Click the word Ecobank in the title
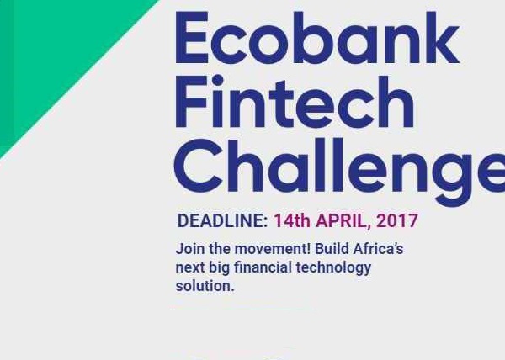coord(317,37)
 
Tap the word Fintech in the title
coord(295,102)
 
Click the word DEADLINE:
coord(222,220)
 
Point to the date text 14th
coord(292,220)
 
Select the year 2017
coord(396,220)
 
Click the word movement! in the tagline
coord(272,249)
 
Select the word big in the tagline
coord(219,268)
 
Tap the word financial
coord(263,267)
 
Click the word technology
coord(333,268)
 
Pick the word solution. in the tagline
coord(205,286)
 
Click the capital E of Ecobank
coord(192,37)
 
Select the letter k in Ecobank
coord(443,37)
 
